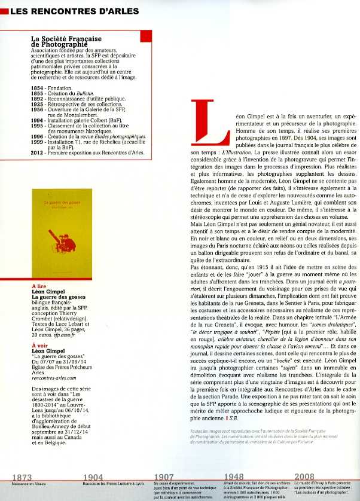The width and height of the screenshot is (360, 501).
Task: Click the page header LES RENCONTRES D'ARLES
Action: point(75,11)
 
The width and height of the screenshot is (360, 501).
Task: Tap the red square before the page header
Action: point(4,11)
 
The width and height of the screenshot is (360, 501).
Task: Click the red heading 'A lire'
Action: point(40,286)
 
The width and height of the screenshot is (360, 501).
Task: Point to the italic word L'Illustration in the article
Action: point(239,153)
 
